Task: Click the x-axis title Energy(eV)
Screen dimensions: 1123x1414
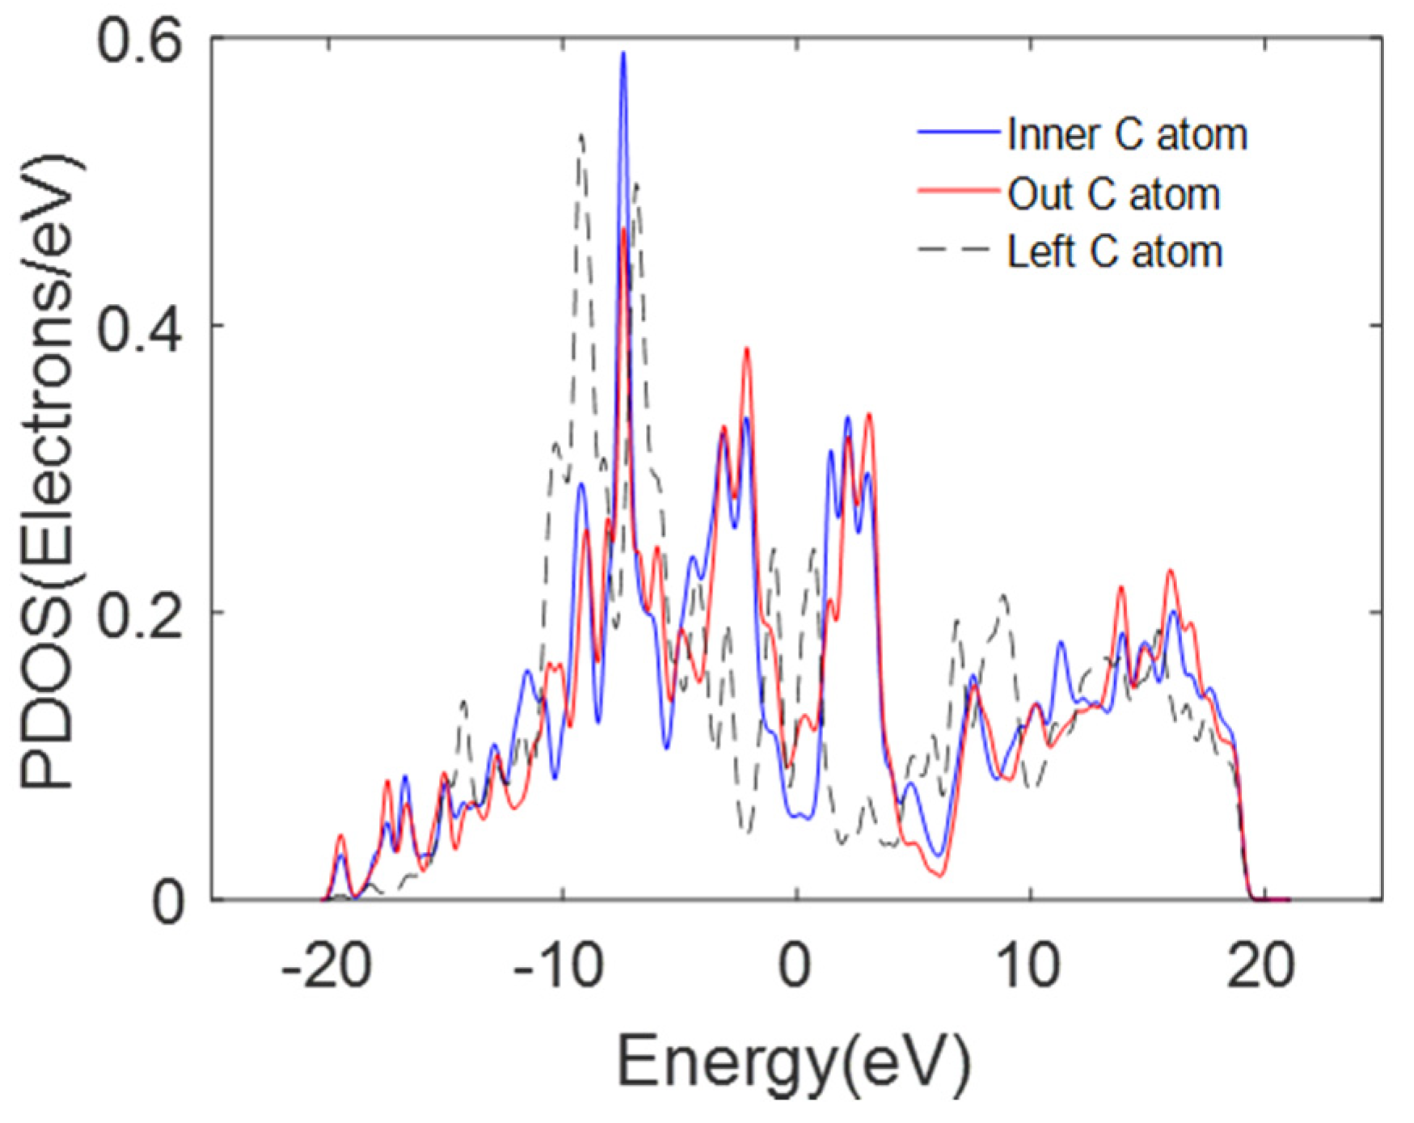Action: pyautogui.click(x=794, y=1061)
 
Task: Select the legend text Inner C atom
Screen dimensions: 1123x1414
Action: pyautogui.click(x=1126, y=134)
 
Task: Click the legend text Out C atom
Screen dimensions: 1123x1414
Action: pyautogui.click(x=1113, y=194)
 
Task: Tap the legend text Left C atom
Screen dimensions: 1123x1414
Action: pyautogui.click(x=1114, y=252)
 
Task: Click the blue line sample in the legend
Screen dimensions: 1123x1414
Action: pyautogui.click(x=958, y=132)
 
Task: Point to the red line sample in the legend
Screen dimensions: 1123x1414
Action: pyautogui.click(x=958, y=191)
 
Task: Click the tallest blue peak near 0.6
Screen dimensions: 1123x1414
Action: pyautogui.click(x=623, y=55)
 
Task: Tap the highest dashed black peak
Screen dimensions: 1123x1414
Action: pyautogui.click(x=581, y=137)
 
